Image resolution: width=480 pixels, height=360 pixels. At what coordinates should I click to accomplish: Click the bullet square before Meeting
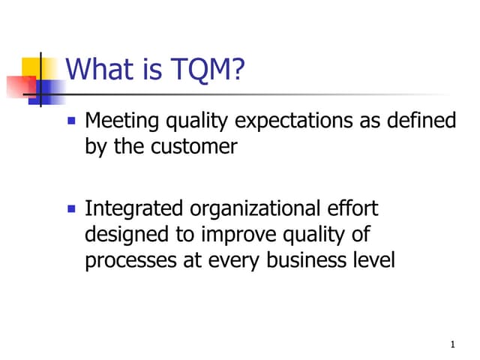pos(72,120)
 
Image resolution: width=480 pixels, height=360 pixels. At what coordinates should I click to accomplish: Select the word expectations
pos(298,121)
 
